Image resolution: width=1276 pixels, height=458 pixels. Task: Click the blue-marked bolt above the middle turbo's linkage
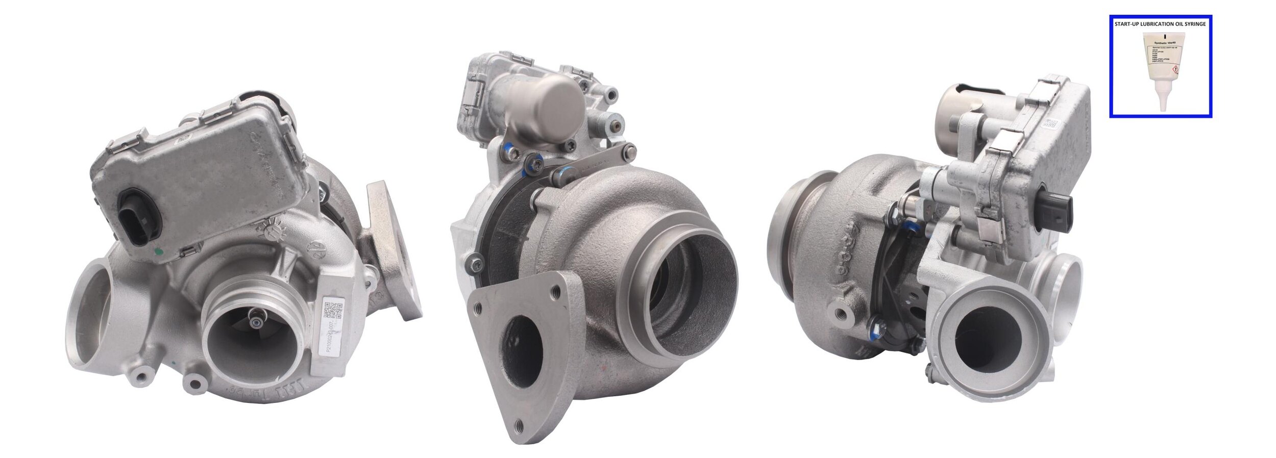[507, 150]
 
